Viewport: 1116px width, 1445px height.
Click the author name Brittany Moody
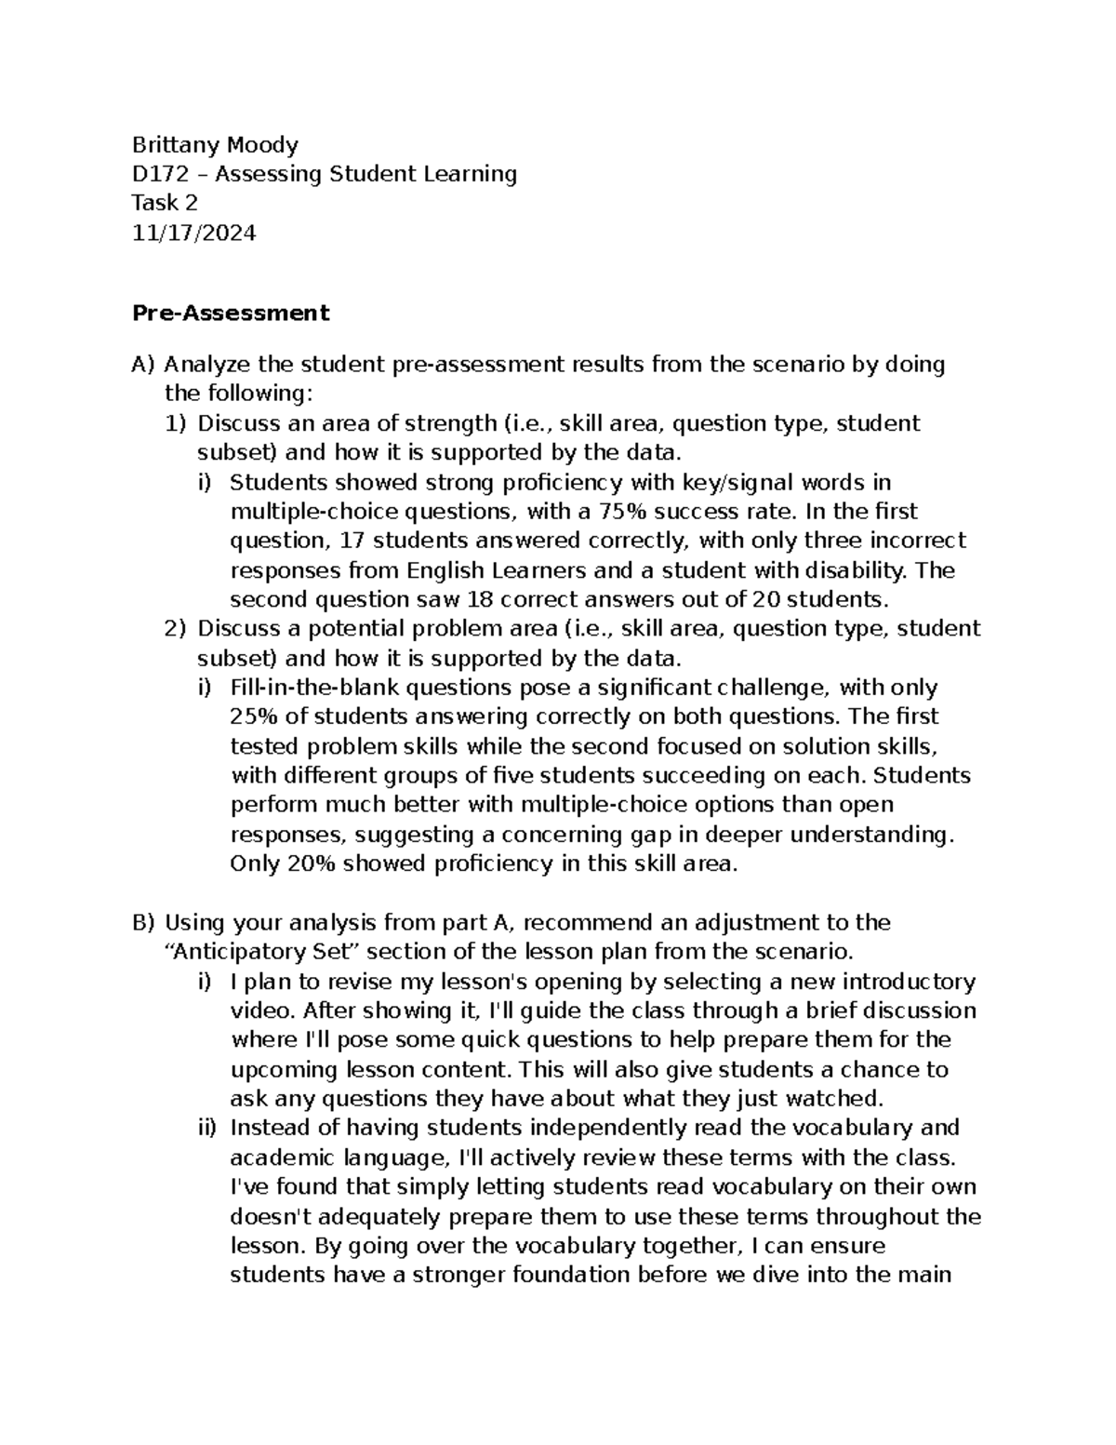click(215, 144)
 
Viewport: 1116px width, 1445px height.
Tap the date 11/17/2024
click(193, 233)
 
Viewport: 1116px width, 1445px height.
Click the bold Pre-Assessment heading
click(231, 313)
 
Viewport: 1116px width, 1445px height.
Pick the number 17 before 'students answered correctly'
click(352, 541)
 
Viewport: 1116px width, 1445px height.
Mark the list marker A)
click(144, 365)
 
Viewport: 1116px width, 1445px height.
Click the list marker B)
click(144, 923)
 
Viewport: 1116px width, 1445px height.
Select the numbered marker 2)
click(176, 629)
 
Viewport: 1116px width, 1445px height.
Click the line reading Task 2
click(165, 203)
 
